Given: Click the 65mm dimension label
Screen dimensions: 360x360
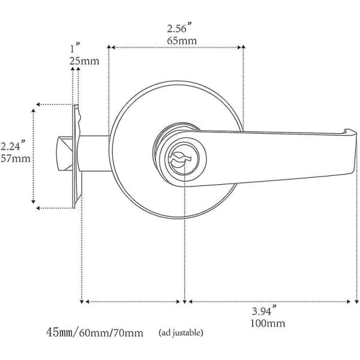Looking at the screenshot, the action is (x=182, y=41).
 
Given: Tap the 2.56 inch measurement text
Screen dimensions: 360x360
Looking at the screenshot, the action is (x=179, y=28).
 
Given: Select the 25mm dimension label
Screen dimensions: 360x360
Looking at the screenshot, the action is (x=84, y=61).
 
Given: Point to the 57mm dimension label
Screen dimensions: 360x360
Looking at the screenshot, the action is (x=16, y=158).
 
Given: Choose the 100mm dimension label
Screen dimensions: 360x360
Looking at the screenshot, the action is (x=268, y=323).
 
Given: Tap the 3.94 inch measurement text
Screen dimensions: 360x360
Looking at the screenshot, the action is (x=264, y=310).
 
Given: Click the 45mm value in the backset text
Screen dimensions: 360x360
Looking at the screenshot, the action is (x=59, y=332).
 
